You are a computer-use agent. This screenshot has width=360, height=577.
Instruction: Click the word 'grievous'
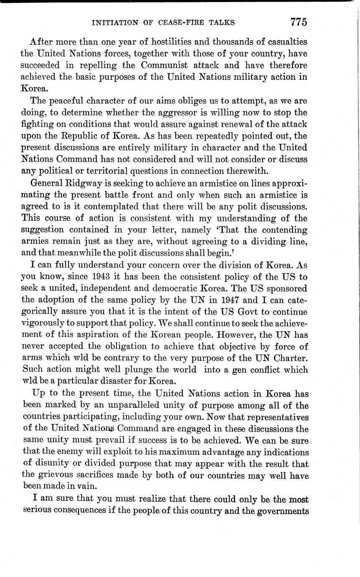click(x=52, y=475)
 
